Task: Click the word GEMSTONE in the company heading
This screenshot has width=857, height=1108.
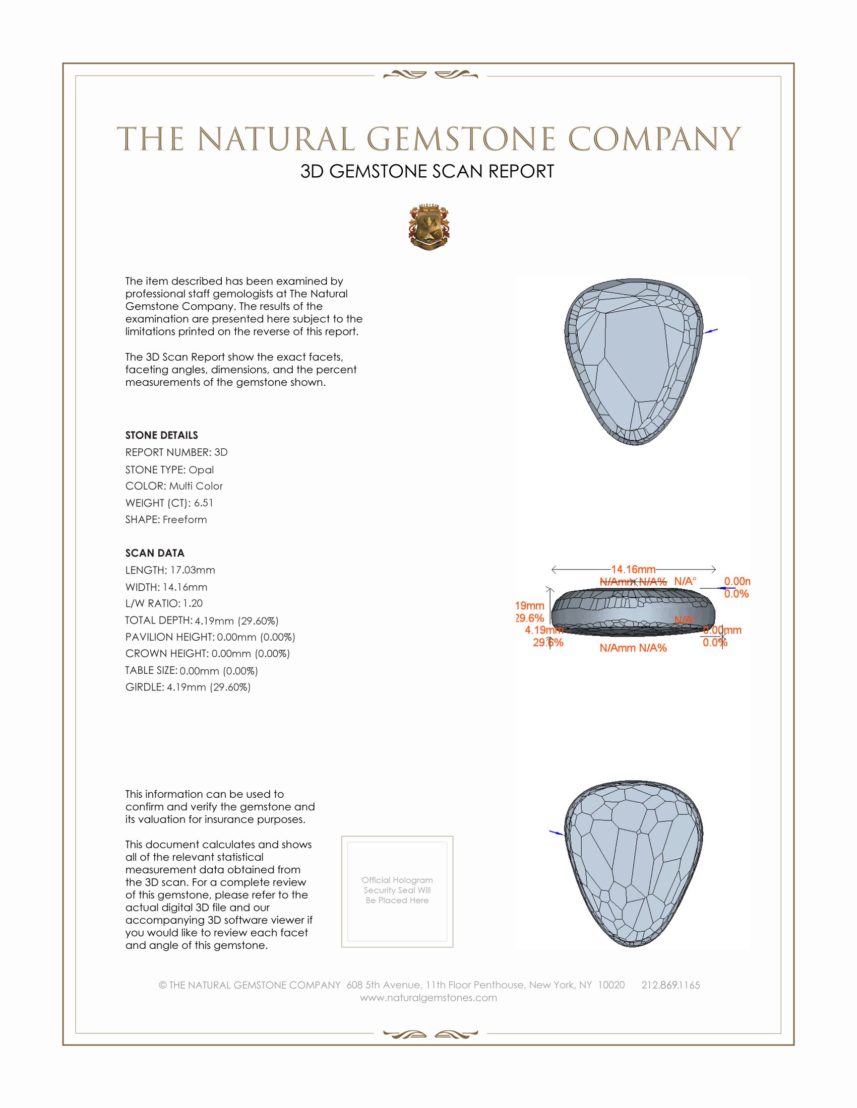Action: click(x=461, y=139)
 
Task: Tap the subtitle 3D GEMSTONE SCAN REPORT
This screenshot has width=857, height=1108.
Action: click(x=427, y=171)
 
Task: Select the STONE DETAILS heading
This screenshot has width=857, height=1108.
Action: click(x=161, y=435)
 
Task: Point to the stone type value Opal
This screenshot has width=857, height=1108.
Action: click(x=201, y=470)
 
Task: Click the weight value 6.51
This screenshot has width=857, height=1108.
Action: click(x=204, y=503)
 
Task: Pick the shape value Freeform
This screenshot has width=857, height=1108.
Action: click(x=185, y=520)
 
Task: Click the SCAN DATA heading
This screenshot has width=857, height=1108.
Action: click(x=155, y=553)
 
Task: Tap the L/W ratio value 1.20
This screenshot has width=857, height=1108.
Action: click(x=193, y=603)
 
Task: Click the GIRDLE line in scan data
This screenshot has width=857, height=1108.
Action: click(x=188, y=687)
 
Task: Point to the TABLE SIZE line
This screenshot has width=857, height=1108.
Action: click(x=192, y=671)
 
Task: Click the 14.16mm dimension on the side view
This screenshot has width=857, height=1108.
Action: click(x=633, y=569)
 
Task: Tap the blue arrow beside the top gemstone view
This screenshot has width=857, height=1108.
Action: click(x=711, y=331)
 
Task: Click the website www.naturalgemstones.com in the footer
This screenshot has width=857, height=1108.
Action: click(x=428, y=998)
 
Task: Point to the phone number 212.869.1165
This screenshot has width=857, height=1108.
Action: click(x=670, y=985)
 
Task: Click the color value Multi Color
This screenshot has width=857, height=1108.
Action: click(x=196, y=486)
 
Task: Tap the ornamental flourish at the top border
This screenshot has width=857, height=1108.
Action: click(x=430, y=75)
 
